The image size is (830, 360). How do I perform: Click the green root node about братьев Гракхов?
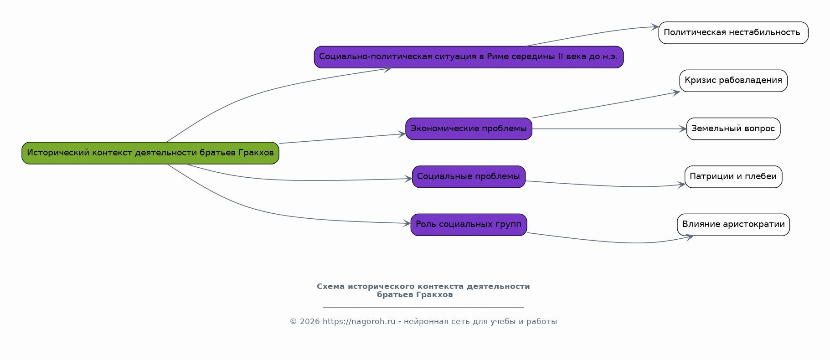click(150, 153)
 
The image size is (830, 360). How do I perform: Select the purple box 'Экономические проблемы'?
click(469, 129)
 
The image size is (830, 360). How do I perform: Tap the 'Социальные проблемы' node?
click(469, 177)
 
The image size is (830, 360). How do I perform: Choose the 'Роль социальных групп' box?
click(469, 225)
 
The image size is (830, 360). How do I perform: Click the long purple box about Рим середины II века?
click(469, 57)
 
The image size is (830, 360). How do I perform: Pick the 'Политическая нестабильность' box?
click(733, 33)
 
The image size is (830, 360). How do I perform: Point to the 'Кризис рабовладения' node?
click(733, 81)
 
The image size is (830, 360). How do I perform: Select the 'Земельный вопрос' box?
click(733, 129)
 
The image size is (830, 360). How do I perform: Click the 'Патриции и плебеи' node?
click(733, 177)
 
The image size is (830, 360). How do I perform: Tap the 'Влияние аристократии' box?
click(733, 225)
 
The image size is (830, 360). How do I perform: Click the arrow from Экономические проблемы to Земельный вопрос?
click(609, 129)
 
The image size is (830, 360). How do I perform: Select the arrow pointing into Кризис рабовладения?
click(606, 105)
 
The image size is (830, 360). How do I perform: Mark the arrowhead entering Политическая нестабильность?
click(655, 27)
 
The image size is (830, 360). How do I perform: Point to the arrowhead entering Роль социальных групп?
click(407, 223)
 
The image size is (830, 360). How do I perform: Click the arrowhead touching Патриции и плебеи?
click(680, 185)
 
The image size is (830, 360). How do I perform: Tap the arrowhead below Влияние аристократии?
click(689, 237)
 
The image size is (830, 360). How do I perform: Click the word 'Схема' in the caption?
click(331, 287)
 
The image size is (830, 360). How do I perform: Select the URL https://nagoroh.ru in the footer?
click(359, 322)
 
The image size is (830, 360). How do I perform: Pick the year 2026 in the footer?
click(310, 322)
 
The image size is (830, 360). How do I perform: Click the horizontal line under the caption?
click(423, 307)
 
